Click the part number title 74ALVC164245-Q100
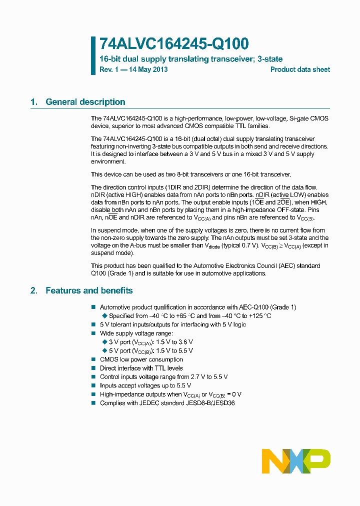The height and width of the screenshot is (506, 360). (x=173, y=44)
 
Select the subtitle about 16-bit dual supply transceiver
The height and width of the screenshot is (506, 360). (x=191, y=59)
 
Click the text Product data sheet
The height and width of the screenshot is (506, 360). (x=300, y=69)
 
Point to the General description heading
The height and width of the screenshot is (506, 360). (x=85, y=102)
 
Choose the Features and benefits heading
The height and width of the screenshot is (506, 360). (x=89, y=290)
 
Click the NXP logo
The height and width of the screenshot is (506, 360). (x=296, y=461)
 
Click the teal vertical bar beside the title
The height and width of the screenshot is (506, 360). (x=93, y=55)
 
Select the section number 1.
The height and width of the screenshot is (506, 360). (x=33, y=102)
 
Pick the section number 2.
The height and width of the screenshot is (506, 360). (x=33, y=290)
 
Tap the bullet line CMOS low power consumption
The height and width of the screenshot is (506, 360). (x=141, y=359)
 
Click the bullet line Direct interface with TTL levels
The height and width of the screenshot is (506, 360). (x=141, y=368)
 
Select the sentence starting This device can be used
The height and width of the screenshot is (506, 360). (x=190, y=174)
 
